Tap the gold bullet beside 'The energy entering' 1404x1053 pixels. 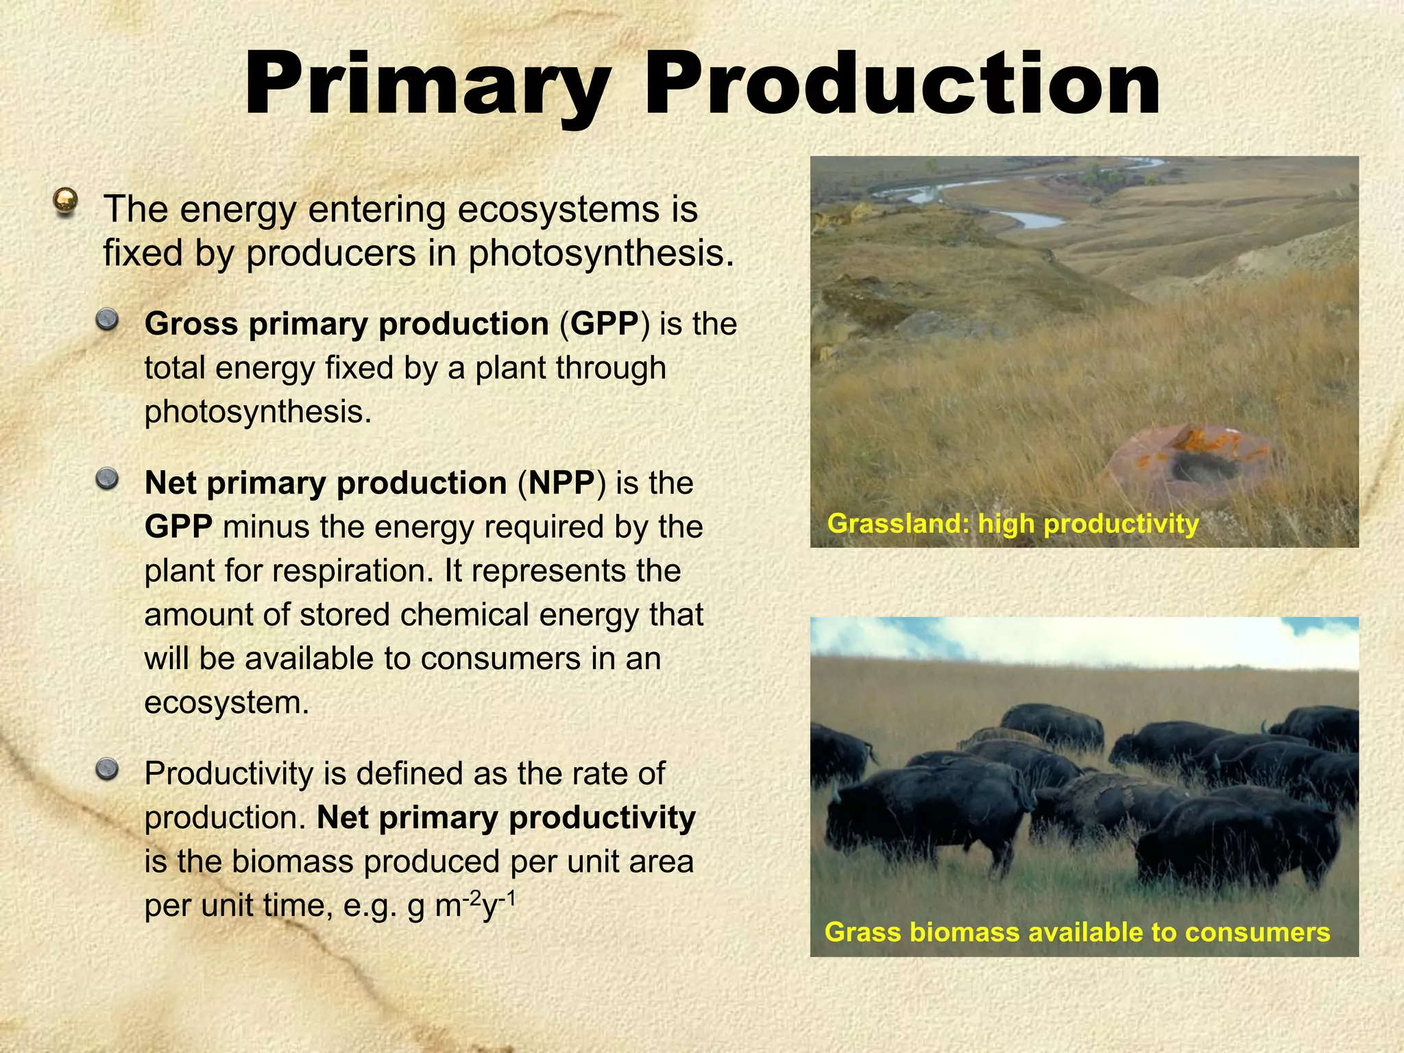(x=65, y=202)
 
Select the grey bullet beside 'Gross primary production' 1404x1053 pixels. (x=107, y=319)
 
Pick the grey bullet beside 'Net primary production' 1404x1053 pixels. (x=107, y=479)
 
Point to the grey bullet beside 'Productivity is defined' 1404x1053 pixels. (x=107, y=769)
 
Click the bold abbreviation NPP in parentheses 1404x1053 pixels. (x=561, y=483)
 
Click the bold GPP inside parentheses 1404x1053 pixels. (x=604, y=324)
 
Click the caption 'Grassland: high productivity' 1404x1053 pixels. (x=1013, y=524)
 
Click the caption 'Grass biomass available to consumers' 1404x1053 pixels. (x=1076, y=932)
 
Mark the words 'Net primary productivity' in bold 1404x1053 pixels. (x=506, y=818)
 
